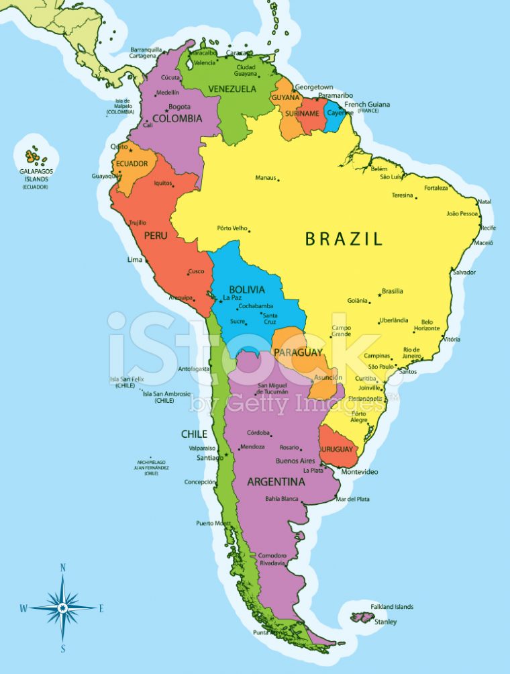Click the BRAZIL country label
tap(344, 238)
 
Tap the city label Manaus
tap(266, 178)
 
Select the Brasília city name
tap(393, 291)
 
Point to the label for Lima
tap(135, 259)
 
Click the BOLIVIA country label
tap(247, 290)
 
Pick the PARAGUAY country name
tap(298, 352)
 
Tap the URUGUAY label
tap(337, 448)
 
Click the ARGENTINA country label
tap(276, 482)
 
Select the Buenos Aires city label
tap(295, 461)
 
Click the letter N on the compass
tap(63, 568)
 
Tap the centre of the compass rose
tap(63, 608)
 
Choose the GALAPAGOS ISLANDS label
tap(36, 175)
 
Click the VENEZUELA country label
tap(232, 89)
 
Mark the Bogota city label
tap(179, 107)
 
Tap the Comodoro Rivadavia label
tap(272, 559)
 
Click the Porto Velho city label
tap(233, 228)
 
